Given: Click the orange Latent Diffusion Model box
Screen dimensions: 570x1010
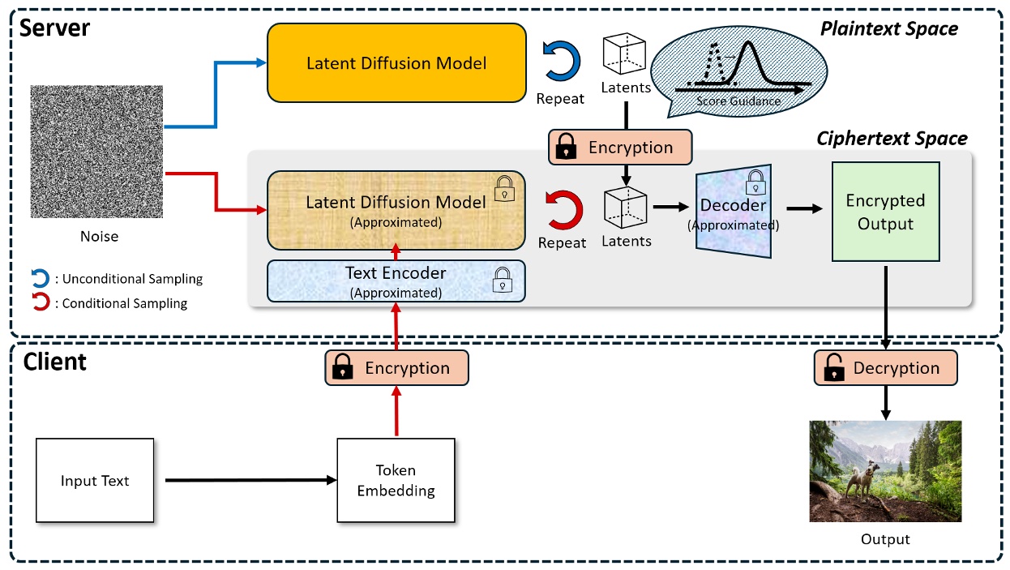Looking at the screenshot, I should [396, 62].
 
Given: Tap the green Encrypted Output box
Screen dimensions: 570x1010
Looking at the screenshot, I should [885, 212].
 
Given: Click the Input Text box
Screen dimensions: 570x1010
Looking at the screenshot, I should [95, 481].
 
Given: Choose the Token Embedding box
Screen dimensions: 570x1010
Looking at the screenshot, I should [396, 481].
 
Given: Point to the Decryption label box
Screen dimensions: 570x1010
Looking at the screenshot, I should [885, 368].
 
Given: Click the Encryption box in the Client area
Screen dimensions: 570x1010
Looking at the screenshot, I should [396, 368].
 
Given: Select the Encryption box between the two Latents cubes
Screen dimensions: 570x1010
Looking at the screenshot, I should [620, 148].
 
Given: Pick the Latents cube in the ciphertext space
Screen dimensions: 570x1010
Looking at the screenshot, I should [625, 207].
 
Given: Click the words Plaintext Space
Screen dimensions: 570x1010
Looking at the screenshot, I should [888, 29].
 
